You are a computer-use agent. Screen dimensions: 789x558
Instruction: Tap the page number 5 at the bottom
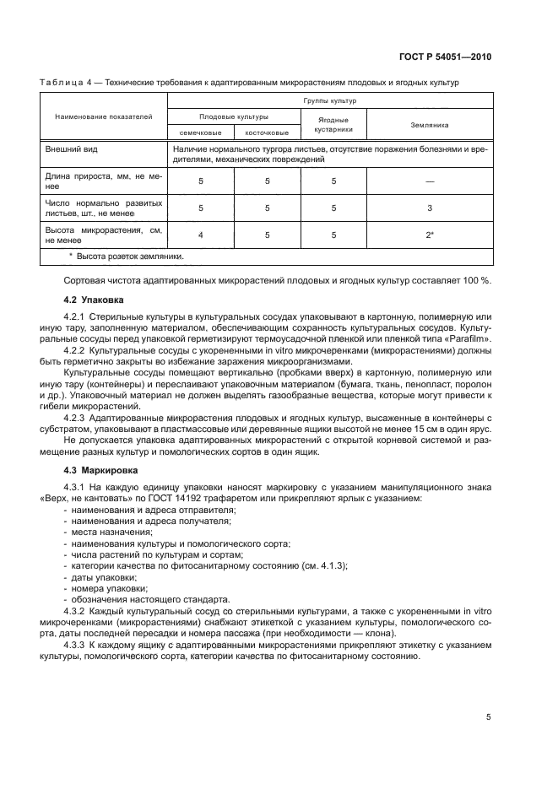(489, 717)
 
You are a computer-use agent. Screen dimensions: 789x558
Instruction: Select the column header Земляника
(430, 124)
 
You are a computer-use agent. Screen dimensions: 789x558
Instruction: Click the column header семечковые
(200, 132)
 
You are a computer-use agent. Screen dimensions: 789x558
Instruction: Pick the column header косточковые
(266, 132)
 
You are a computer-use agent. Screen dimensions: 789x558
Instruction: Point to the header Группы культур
(331, 100)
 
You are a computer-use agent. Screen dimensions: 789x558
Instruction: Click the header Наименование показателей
(104, 116)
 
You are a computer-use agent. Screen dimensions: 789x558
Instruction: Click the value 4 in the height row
(200, 234)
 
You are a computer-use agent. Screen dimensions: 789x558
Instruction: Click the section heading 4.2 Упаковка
(94, 299)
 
